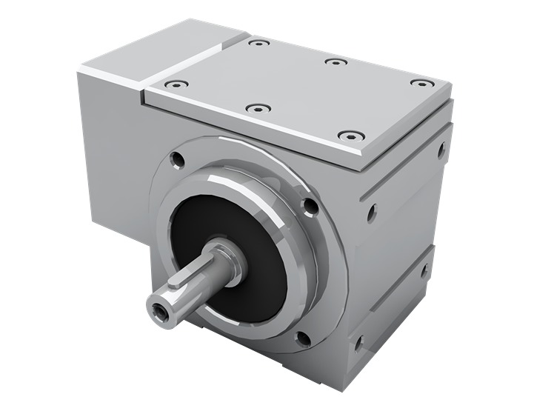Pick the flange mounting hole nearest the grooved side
pyautogui.click(x=311, y=205)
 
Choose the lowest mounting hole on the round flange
pyautogui.click(x=303, y=339)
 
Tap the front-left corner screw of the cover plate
pyautogui.click(x=175, y=84)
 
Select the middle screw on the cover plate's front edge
pyautogui.click(x=257, y=108)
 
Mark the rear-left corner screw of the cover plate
pyautogui.click(x=258, y=43)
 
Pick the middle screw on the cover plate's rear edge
pyautogui.click(x=336, y=61)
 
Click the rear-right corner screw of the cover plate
pyautogui.click(x=421, y=83)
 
